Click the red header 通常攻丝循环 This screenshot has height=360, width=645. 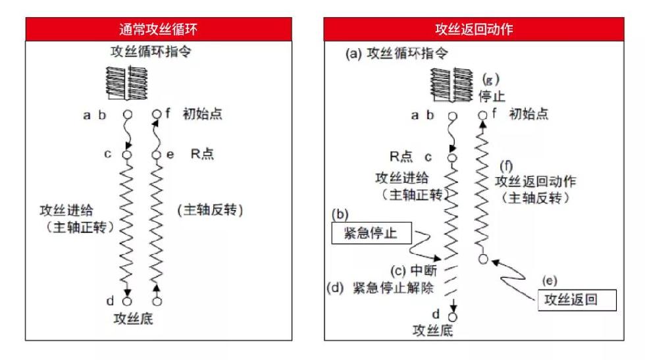pos(159,29)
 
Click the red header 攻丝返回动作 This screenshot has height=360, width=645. pos(474,29)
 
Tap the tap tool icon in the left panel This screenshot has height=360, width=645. pos(126,83)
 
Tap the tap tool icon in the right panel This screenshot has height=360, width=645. pos(451,85)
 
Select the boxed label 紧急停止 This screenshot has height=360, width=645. pos(371,233)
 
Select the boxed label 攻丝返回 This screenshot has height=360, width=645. pos(577,300)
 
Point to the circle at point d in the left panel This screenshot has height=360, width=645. pos(128,301)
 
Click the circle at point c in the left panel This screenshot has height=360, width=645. pos(127,155)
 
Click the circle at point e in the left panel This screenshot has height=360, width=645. pos(157,155)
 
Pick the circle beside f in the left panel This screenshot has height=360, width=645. pos(157,114)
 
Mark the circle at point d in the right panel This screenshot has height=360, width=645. pos(453,317)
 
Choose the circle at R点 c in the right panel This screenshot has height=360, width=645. pos(452,158)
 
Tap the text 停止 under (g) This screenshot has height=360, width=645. pos(492,96)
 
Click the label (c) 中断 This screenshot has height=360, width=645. pos(413,270)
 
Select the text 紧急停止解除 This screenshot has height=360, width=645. pos(394,288)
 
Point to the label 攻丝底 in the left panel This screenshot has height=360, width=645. pos(133,319)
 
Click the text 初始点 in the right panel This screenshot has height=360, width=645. pos(529,114)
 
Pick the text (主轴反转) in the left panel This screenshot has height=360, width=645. pos(210,210)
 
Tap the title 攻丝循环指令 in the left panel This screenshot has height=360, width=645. pos(151,52)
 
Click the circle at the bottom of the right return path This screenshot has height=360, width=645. pos(483,259)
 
